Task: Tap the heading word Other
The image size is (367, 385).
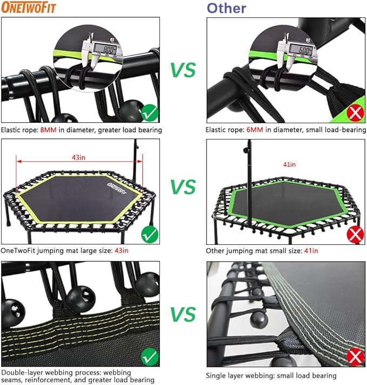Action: click(x=226, y=8)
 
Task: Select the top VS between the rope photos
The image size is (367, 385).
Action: click(x=183, y=70)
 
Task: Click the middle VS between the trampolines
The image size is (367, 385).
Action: click(x=183, y=187)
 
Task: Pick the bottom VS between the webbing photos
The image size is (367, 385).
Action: click(x=183, y=314)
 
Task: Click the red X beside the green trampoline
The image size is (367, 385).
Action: click(x=354, y=235)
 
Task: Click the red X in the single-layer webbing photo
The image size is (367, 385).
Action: click(x=354, y=356)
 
